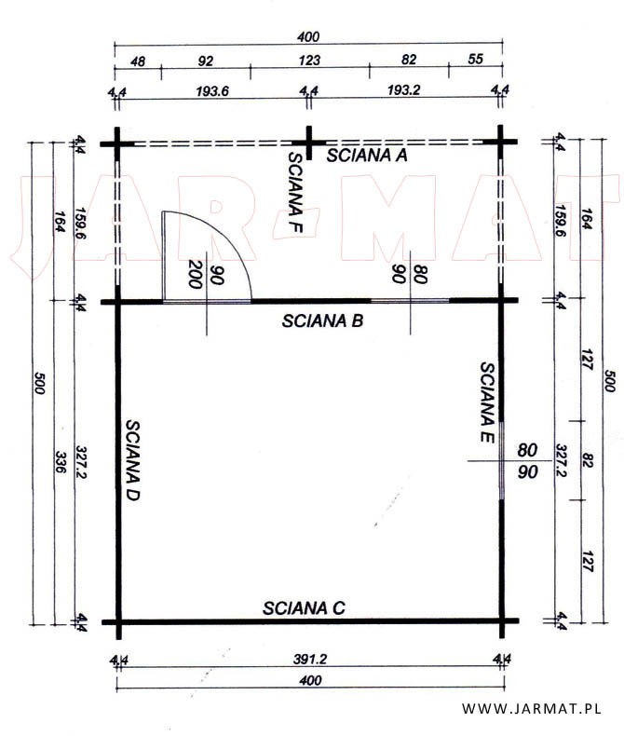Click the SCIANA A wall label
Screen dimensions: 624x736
[367, 156]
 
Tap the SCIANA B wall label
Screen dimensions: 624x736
[323, 321]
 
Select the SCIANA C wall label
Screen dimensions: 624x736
[304, 607]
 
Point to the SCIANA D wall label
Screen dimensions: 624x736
[133, 460]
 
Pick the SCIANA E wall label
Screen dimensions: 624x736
[487, 402]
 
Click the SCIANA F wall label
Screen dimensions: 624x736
[295, 193]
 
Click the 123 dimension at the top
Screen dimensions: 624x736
[309, 60]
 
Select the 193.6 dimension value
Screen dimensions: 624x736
[212, 91]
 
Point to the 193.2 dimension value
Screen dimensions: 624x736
[404, 90]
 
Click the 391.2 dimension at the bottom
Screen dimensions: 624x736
[310, 659]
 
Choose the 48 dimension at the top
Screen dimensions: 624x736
[138, 61]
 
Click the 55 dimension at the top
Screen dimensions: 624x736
[475, 59]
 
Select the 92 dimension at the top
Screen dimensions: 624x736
[206, 61]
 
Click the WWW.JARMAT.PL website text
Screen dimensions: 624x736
[532, 708]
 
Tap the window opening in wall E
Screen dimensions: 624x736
[502, 460]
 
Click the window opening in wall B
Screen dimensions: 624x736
[410, 300]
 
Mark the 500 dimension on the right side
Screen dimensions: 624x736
[609, 381]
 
